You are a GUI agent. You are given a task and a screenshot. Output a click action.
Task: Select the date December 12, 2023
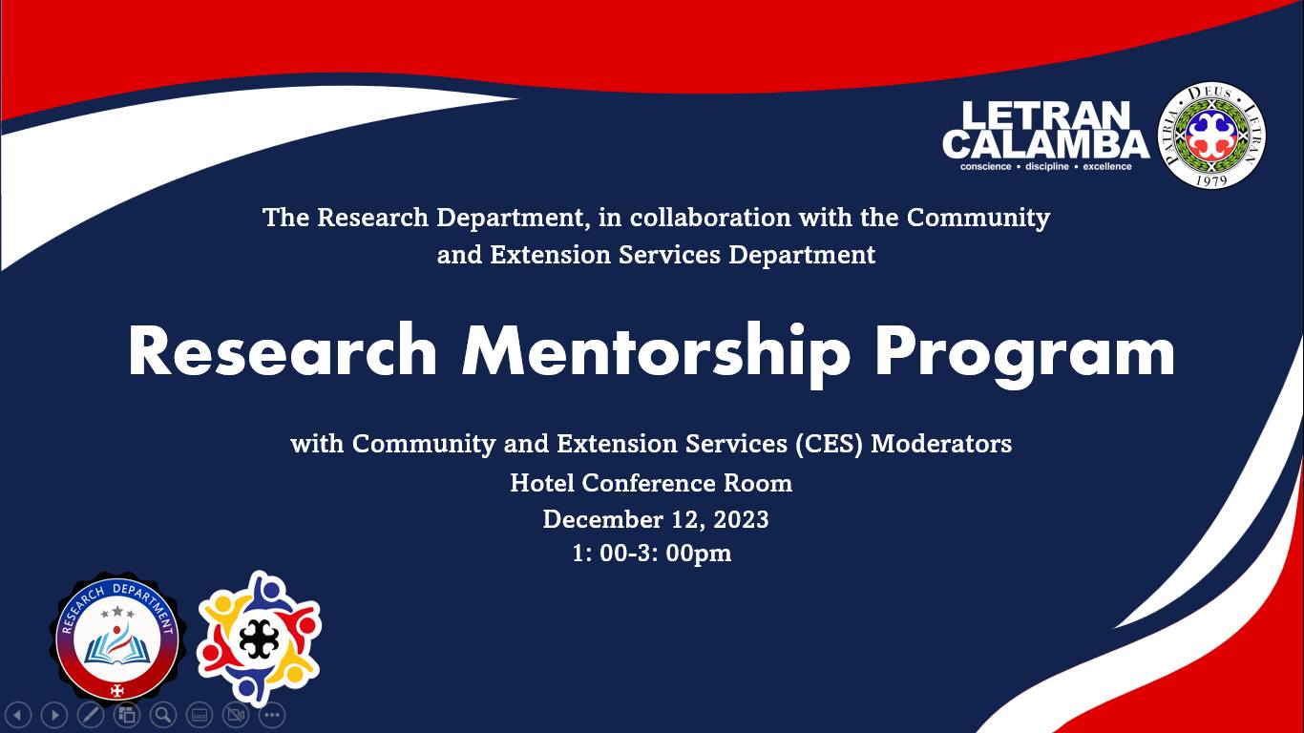click(x=656, y=519)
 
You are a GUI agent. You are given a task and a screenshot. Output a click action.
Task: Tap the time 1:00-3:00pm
click(x=651, y=554)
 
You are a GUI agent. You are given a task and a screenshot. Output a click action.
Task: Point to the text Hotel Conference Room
click(x=651, y=483)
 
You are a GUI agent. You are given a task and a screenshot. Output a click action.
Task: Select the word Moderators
click(x=941, y=444)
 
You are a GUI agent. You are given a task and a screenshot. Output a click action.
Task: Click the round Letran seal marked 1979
click(x=1212, y=136)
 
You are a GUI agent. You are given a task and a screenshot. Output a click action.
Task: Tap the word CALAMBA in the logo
click(x=1045, y=144)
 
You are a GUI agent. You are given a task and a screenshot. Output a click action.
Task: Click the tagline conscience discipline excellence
click(x=1046, y=166)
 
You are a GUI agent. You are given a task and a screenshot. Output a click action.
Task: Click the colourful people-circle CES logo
click(x=259, y=639)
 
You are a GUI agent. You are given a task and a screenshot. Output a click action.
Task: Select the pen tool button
click(x=91, y=715)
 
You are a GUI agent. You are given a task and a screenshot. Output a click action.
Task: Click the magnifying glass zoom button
click(x=163, y=715)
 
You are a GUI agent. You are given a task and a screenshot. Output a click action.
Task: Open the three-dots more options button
click(x=272, y=715)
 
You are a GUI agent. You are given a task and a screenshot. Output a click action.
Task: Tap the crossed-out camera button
click(x=236, y=715)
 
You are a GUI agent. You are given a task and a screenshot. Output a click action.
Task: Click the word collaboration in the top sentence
click(x=710, y=218)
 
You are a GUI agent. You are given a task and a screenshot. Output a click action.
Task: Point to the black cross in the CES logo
click(x=259, y=639)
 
